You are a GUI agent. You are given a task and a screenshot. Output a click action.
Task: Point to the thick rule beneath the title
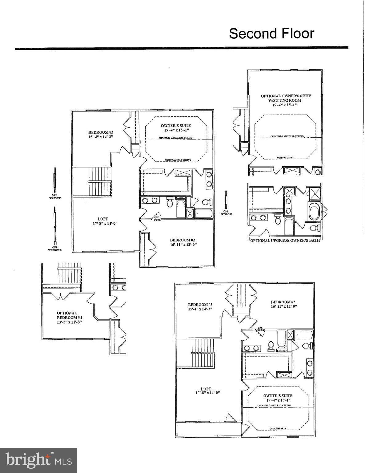tap(182, 48)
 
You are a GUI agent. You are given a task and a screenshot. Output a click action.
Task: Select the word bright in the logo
tap(29, 459)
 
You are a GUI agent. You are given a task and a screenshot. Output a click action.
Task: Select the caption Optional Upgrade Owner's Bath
tap(285, 240)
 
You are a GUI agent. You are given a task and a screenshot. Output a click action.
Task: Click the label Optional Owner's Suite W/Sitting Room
tap(286, 98)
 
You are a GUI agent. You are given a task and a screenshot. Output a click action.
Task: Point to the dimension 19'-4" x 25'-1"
tap(286, 105)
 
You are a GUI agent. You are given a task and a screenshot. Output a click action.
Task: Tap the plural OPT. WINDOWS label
tap(55, 249)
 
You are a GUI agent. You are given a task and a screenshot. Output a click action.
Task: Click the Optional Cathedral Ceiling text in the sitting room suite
tap(287, 136)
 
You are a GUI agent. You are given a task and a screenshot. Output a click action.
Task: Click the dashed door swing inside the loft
tap(230, 418)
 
